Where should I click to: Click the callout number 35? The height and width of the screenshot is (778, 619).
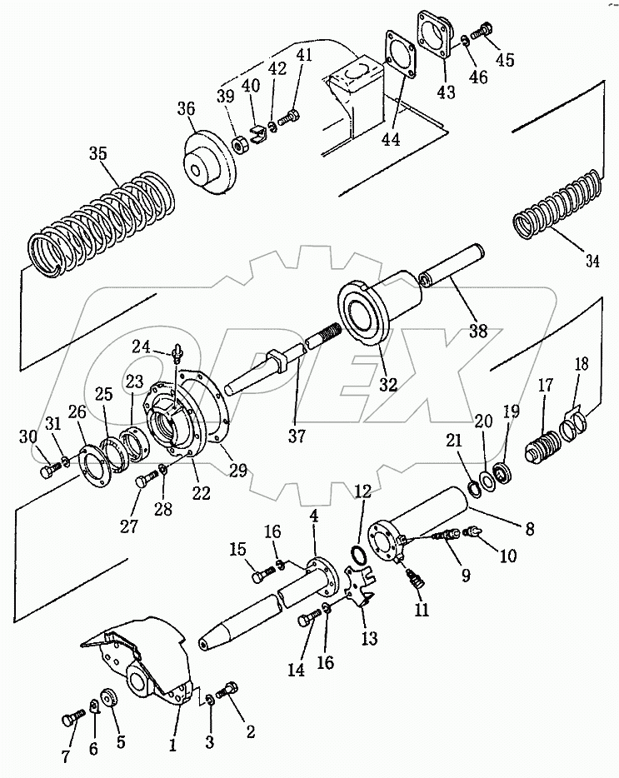pyautogui.click(x=97, y=153)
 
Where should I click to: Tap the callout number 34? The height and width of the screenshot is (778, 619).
pyautogui.click(x=592, y=261)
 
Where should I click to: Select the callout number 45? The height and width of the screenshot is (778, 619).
pyautogui.click(x=505, y=59)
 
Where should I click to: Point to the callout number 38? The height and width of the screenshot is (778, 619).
pyautogui.click(x=478, y=331)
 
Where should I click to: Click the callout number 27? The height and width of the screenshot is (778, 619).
pyautogui.click(x=129, y=526)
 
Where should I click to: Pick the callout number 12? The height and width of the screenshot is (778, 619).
pyautogui.click(x=363, y=491)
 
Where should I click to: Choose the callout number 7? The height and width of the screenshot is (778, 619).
pyautogui.click(x=66, y=756)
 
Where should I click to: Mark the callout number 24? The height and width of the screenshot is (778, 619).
pyautogui.click(x=141, y=347)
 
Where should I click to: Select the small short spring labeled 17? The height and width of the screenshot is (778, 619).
pyautogui.click(x=542, y=446)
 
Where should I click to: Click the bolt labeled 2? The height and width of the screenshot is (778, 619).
pyautogui.click(x=227, y=691)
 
